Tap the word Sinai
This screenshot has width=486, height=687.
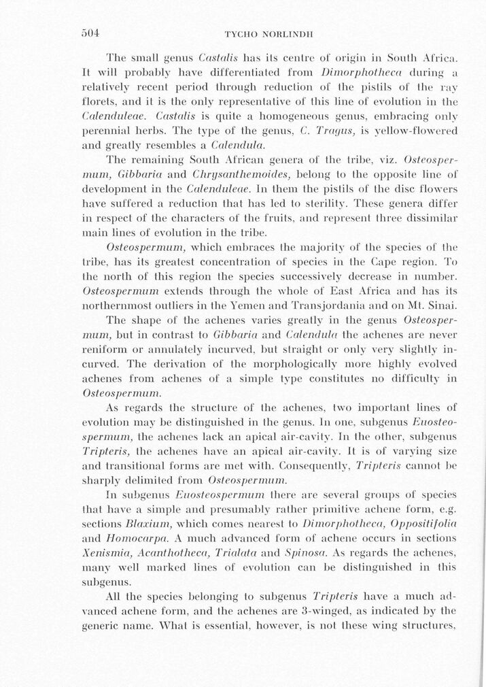click(x=441, y=305)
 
